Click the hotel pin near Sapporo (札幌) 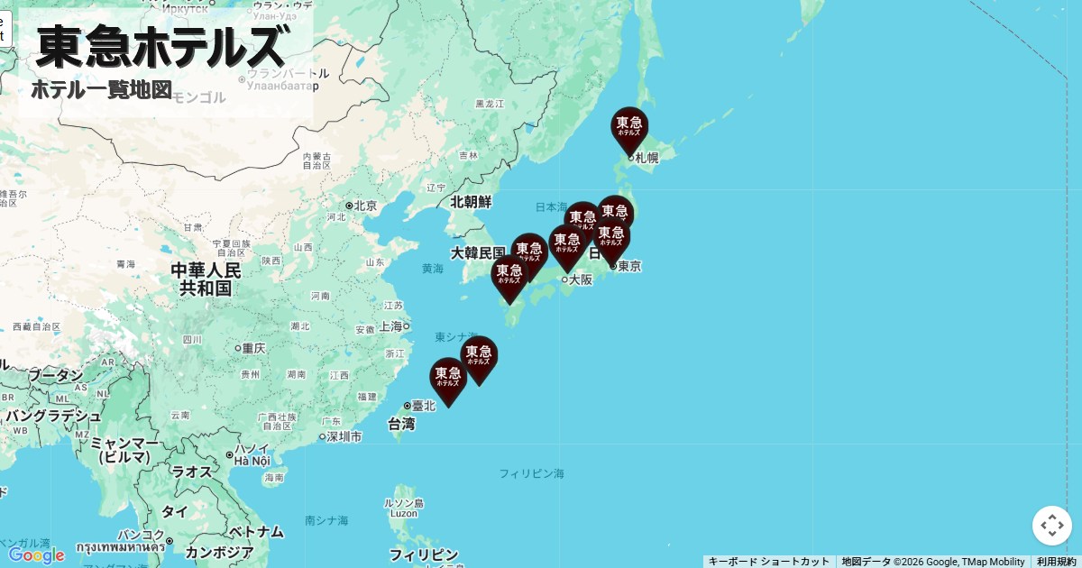click(x=629, y=128)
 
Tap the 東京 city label click(x=629, y=266)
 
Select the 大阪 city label click(x=581, y=279)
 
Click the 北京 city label click(x=365, y=206)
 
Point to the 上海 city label click(x=390, y=326)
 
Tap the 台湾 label click(x=401, y=424)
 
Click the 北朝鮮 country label click(x=472, y=202)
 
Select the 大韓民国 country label click(x=478, y=252)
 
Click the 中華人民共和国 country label click(x=206, y=279)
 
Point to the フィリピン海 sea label click(x=531, y=473)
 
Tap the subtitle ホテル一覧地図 click(x=101, y=90)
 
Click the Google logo click(x=36, y=555)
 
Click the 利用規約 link click(x=1056, y=562)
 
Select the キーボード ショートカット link click(x=768, y=562)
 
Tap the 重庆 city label click(x=252, y=348)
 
